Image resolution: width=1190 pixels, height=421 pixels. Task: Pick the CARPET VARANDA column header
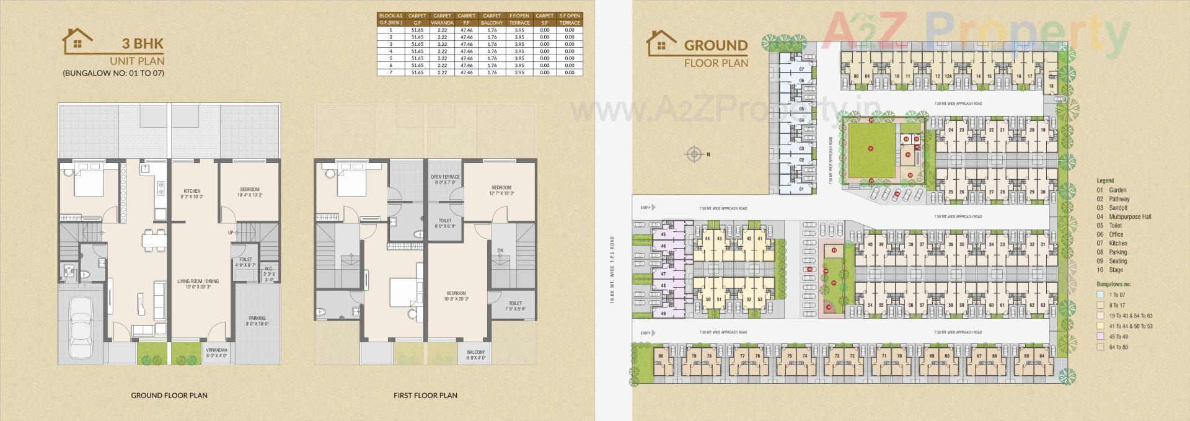pos(442,19)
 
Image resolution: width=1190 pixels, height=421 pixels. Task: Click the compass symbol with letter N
pos(695,154)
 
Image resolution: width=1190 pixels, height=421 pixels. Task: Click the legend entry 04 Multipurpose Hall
pos(1124,216)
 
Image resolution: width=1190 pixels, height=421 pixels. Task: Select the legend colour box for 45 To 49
pos(1100,337)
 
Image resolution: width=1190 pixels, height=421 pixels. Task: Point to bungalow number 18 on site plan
pos(1051,86)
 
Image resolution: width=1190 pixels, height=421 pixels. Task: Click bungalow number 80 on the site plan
pos(661,356)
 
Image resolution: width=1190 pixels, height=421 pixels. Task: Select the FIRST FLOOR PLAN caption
pos(425,395)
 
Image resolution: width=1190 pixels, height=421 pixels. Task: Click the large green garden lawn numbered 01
pos(870,149)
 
